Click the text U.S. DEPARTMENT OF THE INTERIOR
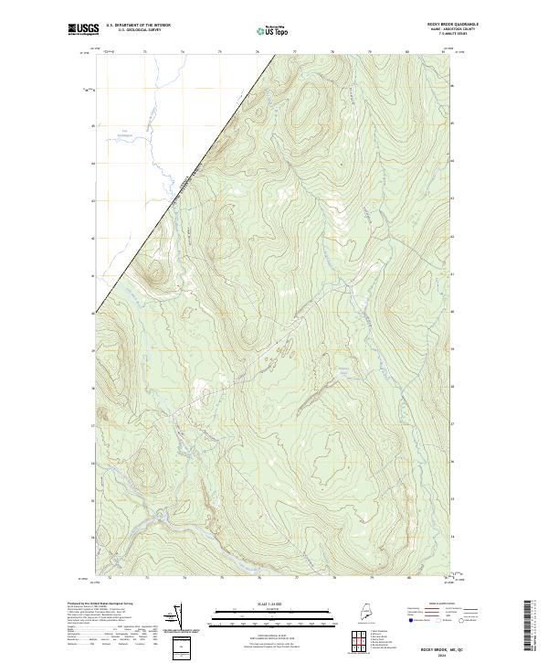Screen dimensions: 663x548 coord(139,25)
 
